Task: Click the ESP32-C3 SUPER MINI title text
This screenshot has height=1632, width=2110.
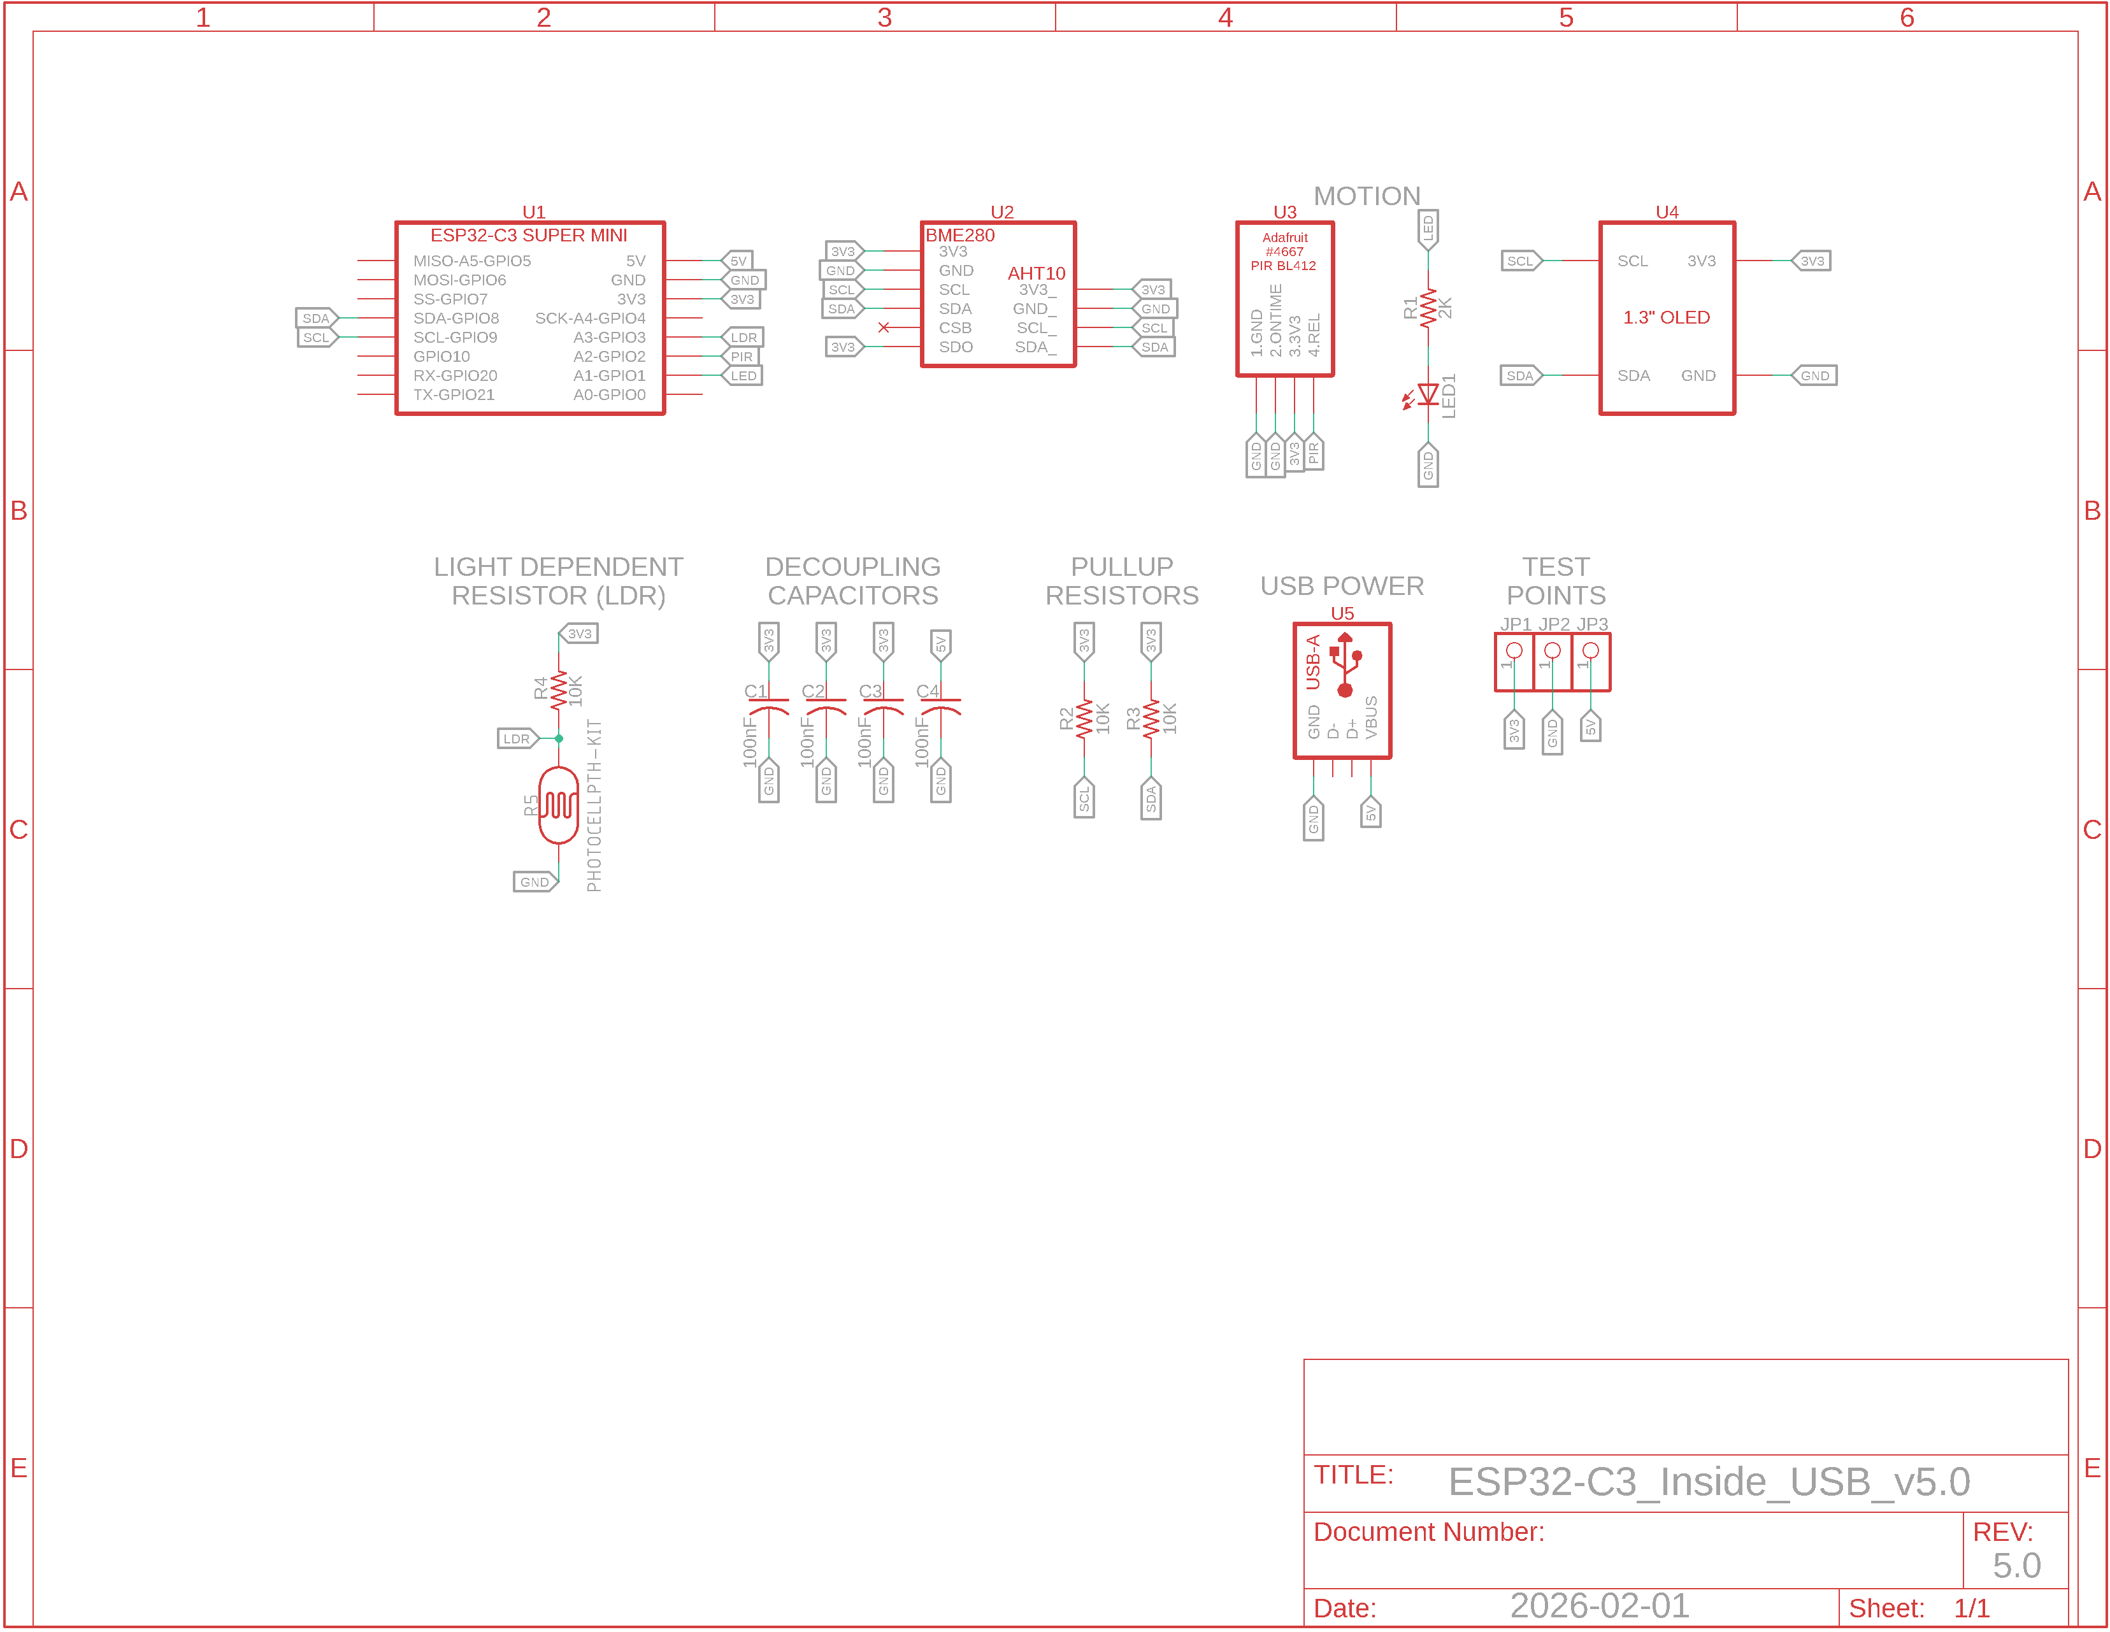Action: (x=529, y=236)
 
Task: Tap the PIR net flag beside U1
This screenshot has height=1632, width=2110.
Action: (x=740, y=357)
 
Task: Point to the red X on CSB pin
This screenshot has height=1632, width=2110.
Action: (x=883, y=327)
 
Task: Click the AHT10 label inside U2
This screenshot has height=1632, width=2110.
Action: (x=1036, y=273)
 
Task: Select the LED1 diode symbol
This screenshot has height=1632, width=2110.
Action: (x=1427, y=394)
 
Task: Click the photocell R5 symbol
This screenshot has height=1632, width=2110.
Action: (x=559, y=805)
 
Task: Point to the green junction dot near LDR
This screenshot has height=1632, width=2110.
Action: (x=559, y=738)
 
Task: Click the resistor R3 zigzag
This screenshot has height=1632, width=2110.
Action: (x=1151, y=720)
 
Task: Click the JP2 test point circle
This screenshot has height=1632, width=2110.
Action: (x=1553, y=650)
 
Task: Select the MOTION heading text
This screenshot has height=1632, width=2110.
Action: (x=1367, y=196)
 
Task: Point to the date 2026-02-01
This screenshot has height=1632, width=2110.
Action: (x=1600, y=1605)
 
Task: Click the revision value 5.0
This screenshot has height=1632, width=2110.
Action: (x=2016, y=1565)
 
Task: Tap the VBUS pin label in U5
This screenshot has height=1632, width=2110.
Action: (x=1371, y=717)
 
